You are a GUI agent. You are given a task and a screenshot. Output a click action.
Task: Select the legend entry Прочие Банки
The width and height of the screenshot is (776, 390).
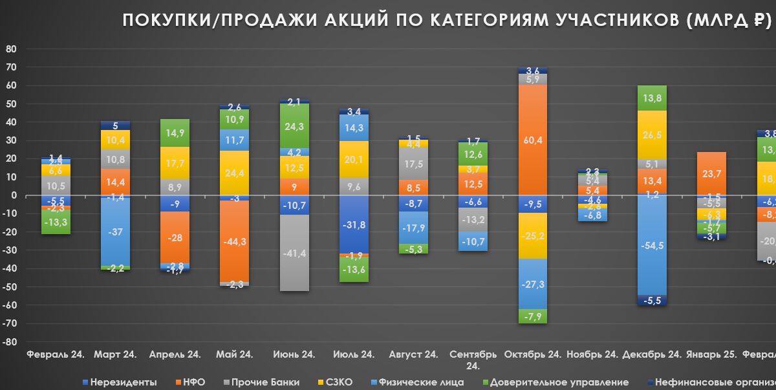[259, 382]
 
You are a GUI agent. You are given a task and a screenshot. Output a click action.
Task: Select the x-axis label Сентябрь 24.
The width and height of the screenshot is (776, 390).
[473, 360]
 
